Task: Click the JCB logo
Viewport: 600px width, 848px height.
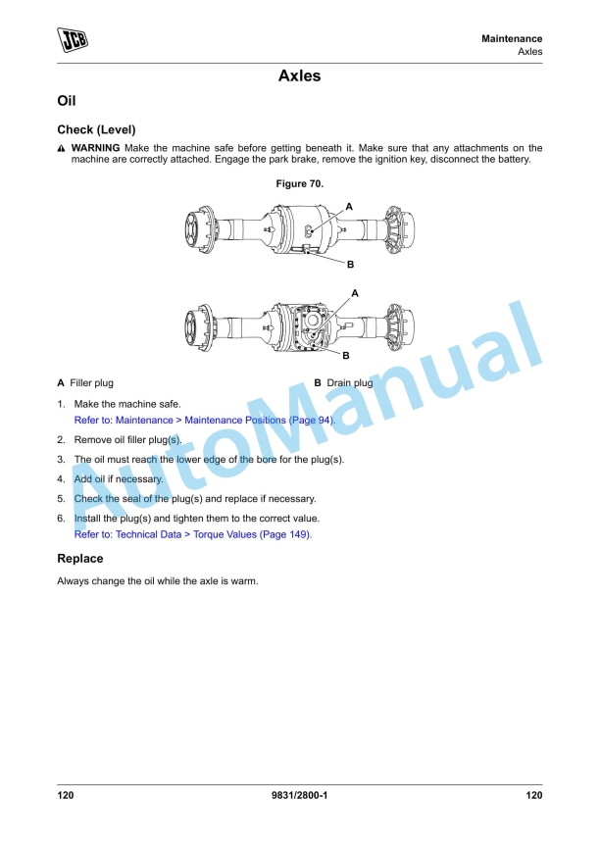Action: click(x=73, y=39)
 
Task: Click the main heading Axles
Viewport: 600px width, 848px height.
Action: click(x=299, y=75)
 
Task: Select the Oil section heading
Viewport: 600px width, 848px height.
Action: click(x=67, y=101)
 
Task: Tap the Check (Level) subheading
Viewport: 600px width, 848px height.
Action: click(x=96, y=129)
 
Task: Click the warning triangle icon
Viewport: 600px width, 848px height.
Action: click(x=61, y=148)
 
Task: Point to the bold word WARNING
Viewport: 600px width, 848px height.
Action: click(x=96, y=148)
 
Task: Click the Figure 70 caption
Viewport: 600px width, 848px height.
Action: click(x=300, y=184)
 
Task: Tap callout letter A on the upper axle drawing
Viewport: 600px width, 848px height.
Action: click(x=349, y=207)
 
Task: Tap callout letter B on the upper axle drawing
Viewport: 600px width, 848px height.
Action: click(x=350, y=265)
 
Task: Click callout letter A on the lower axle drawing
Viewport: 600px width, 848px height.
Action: click(x=355, y=293)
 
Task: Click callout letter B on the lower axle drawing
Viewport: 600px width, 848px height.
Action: click(x=346, y=355)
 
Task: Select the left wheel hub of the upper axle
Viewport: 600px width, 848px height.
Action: click(x=199, y=230)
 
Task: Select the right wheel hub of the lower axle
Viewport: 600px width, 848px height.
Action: click(x=400, y=327)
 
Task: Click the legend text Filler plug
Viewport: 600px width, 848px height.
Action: click(x=91, y=383)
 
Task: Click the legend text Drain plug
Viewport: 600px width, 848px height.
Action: click(x=349, y=383)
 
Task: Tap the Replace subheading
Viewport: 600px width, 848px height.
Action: click(x=80, y=559)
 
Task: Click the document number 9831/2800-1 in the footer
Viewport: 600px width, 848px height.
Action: click(x=300, y=795)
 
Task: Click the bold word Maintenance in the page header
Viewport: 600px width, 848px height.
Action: click(x=512, y=38)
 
